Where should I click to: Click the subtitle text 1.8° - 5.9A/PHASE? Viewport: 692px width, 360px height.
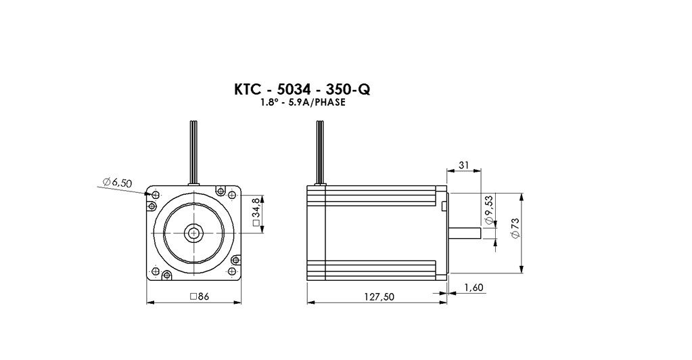(302, 103)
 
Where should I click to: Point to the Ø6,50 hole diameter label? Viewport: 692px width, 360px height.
(118, 182)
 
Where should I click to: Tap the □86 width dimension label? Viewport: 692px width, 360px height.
(199, 296)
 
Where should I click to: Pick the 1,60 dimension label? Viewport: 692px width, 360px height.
(474, 288)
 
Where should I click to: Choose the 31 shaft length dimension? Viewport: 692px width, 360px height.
(464, 165)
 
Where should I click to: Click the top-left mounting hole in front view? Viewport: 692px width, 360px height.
(156, 195)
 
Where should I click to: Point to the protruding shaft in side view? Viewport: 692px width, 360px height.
(464, 233)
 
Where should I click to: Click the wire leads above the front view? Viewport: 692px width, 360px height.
(191, 152)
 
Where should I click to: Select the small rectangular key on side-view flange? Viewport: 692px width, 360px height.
(444, 205)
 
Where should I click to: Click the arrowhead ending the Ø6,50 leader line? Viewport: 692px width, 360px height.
(148, 194)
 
